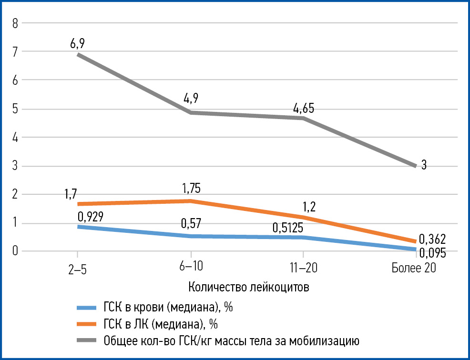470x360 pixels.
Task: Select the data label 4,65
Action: [304, 108]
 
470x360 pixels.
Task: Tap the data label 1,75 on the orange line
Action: [191, 188]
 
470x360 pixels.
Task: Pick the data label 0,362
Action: [433, 239]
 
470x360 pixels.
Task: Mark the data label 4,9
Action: [191, 99]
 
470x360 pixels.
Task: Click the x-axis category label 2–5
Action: [77, 269]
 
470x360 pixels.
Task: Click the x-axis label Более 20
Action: [413, 269]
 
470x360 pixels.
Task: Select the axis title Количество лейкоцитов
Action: [249, 287]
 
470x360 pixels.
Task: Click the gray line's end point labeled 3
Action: [415, 166]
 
